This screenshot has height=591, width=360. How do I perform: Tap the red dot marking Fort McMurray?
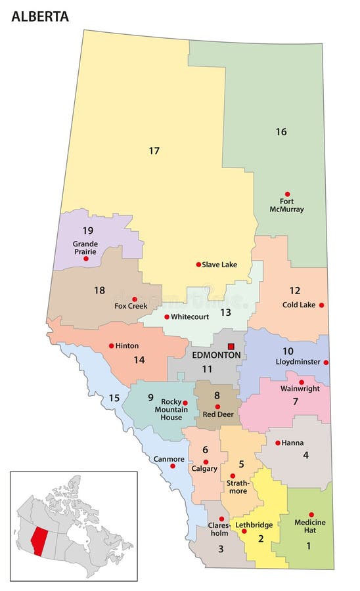(x=287, y=194)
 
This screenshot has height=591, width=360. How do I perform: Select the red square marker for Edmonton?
(x=231, y=346)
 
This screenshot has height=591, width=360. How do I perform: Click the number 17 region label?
(x=154, y=151)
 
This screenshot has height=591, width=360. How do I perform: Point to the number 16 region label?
(x=281, y=131)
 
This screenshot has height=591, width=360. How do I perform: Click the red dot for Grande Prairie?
(x=86, y=259)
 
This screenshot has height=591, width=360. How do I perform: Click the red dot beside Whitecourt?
(x=167, y=317)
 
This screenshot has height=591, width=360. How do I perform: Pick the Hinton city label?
(x=127, y=345)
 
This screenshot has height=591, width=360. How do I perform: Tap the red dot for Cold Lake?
(x=321, y=305)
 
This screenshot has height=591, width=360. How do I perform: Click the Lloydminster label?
(x=297, y=362)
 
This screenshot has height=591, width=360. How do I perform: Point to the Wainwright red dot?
(x=302, y=382)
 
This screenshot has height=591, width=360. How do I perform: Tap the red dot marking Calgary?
(x=206, y=462)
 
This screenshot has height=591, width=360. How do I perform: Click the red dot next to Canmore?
(x=173, y=466)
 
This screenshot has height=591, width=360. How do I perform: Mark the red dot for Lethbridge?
(x=244, y=531)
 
